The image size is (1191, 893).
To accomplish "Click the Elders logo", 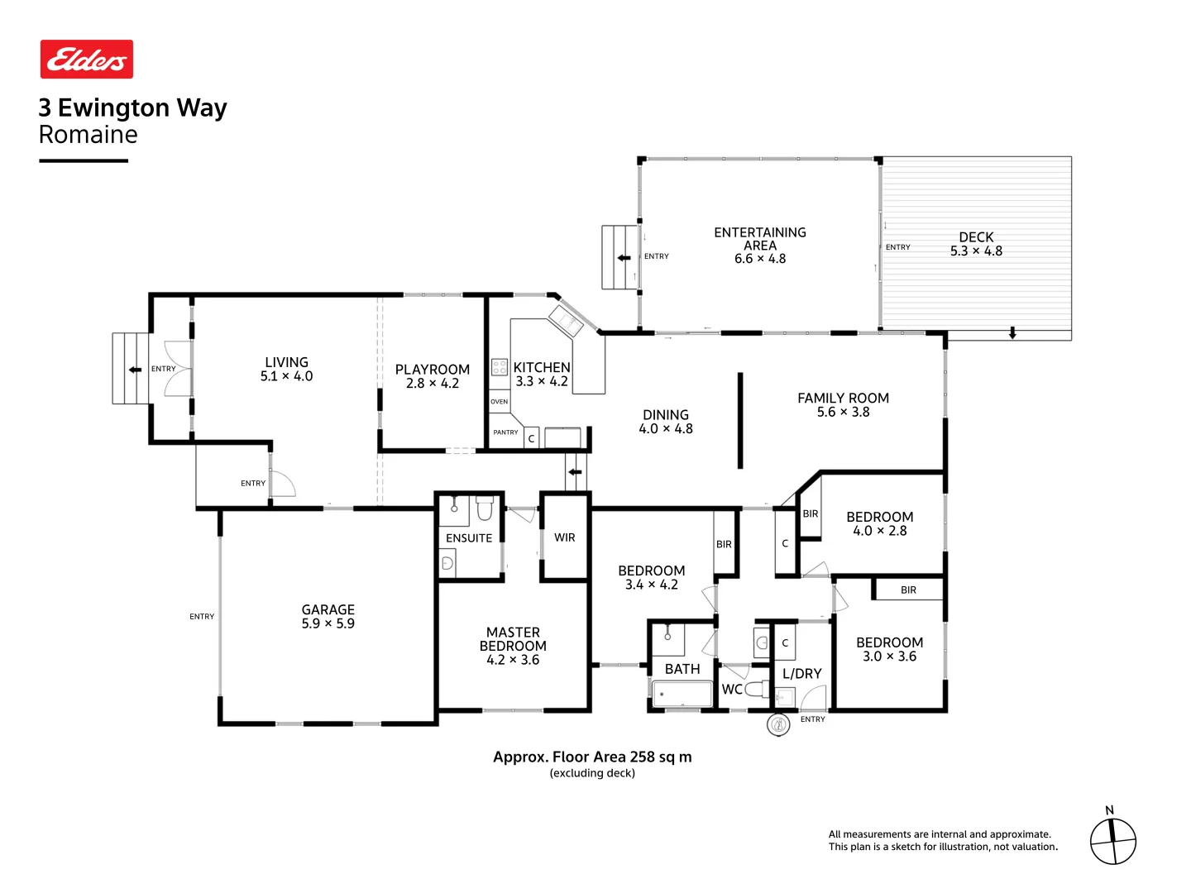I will click(87, 60).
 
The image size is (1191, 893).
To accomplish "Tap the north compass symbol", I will click(1112, 841).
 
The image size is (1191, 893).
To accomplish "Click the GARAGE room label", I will click(328, 609).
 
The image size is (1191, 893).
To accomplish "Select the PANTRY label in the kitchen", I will click(505, 432).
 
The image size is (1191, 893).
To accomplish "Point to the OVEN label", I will click(499, 402).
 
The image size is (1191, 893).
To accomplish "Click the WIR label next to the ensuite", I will click(565, 537).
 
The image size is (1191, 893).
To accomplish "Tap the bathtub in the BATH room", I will click(682, 694).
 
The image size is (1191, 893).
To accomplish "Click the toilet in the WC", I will click(756, 689).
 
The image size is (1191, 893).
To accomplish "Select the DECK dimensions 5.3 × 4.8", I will click(976, 251).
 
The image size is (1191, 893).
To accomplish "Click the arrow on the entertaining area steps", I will click(624, 258).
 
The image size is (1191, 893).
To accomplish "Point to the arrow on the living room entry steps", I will click(135, 370).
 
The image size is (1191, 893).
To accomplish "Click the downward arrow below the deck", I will click(1012, 333).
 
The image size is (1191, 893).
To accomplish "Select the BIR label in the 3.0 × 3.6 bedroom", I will click(908, 590).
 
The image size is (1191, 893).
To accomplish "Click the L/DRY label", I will click(801, 674).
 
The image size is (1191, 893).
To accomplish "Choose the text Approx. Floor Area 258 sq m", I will click(592, 757).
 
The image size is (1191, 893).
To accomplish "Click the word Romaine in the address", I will click(88, 135).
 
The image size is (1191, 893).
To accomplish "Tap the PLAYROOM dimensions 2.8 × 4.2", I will click(432, 384).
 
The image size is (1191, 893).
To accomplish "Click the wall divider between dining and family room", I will click(740, 420).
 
